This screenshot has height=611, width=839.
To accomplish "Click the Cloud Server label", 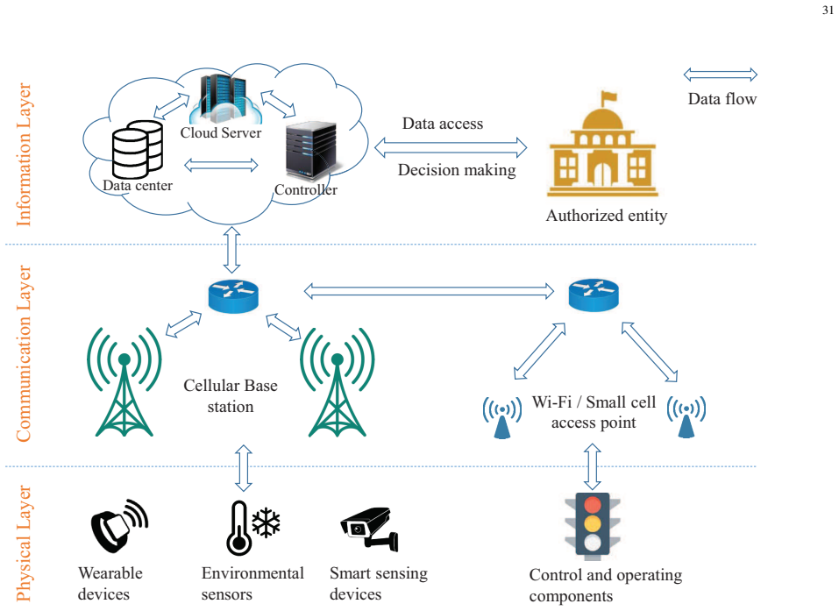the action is [x=220, y=132].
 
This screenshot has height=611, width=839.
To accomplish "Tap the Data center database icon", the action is [x=138, y=149].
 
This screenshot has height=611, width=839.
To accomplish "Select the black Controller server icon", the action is [x=311, y=152].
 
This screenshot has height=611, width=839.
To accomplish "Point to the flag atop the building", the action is [x=609, y=97].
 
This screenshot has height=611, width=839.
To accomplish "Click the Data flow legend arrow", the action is [x=721, y=75].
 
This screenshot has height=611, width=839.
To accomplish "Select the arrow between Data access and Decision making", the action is [x=451, y=147].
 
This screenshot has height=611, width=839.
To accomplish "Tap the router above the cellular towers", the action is [x=233, y=296].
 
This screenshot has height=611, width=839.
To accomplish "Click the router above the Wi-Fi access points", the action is [x=594, y=295].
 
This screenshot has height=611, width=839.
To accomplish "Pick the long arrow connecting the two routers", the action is [x=429, y=291].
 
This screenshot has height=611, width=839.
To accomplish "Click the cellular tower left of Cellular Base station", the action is [x=124, y=382].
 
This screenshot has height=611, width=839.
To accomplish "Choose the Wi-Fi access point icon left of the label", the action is [x=501, y=417].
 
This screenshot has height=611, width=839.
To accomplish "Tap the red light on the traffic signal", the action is [x=593, y=505].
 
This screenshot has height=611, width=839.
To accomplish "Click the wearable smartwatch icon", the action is [x=118, y=525].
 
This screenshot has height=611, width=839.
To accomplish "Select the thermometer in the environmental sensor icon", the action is [x=238, y=529].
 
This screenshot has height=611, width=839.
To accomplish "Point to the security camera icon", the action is [x=370, y=529].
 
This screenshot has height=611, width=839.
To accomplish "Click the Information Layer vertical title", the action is [x=24, y=154].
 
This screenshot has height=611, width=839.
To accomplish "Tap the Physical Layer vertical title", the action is [x=24, y=544].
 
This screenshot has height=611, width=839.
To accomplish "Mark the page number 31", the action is [x=828, y=11].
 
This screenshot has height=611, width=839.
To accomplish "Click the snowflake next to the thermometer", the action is [x=266, y=523].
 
